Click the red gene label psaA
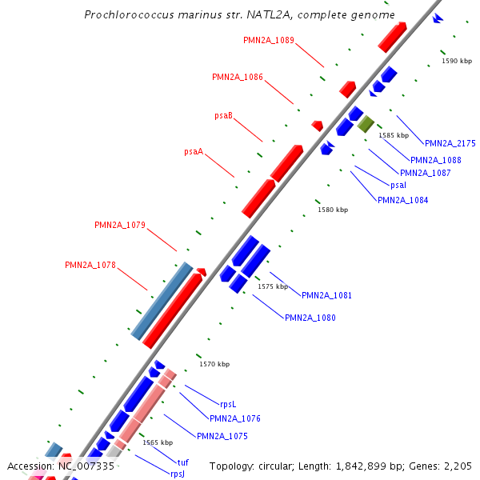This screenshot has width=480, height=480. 194,151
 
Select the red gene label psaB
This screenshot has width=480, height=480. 223,116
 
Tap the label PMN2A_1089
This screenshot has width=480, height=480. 268,40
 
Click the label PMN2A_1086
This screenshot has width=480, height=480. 238,77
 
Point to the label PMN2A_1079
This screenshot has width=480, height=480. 120,225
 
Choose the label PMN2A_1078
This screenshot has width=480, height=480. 90,265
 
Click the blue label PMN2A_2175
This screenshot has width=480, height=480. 450,143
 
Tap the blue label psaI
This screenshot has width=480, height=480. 398,185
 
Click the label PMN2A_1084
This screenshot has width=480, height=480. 402,200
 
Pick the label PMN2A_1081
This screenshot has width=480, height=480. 326,295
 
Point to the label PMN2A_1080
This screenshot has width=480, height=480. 310,318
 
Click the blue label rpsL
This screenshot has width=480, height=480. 229,404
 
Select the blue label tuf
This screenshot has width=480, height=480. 183,462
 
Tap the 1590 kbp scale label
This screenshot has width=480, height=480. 457,61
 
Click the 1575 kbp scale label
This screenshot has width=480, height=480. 272,286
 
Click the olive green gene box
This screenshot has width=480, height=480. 366,123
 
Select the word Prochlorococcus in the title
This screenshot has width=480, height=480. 131,15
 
